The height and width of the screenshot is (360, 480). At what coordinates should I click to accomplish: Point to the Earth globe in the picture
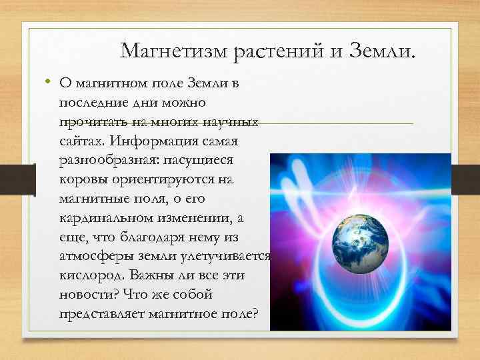pyautogui.click(x=361, y=243)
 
